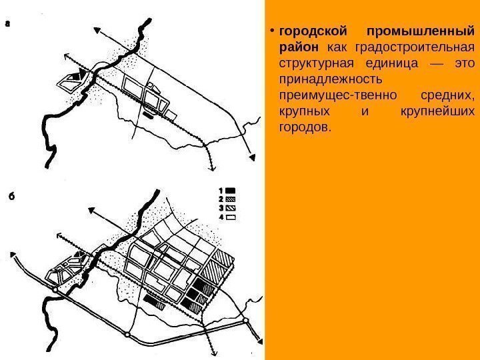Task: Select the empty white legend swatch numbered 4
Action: [x=231, y=216]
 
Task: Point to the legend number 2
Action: [x=221, y=198]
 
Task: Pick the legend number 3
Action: [x=221, y=207]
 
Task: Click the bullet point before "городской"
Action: [x=273, y=32]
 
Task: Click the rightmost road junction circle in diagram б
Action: [x=246, y=320]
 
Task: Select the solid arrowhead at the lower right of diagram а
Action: [x=253, y=157]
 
